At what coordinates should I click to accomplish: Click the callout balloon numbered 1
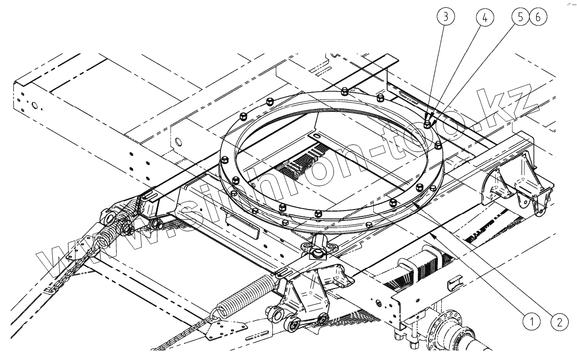click(531, 323)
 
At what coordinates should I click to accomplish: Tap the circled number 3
click(446, 16)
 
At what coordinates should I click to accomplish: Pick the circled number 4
click(484, 16)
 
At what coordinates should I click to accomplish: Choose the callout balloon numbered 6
click(537, 16)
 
